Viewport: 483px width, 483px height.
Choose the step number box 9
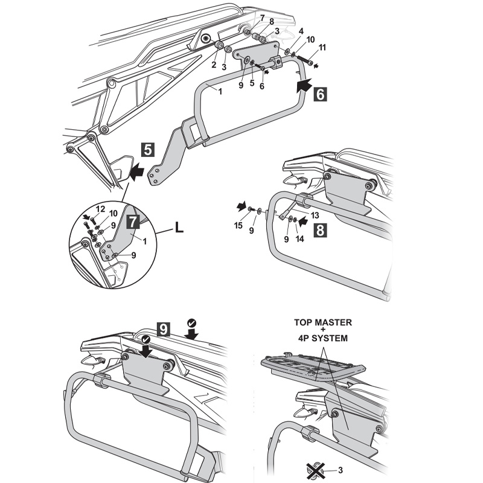point(162,329)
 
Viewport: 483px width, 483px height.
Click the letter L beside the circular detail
point(179,228)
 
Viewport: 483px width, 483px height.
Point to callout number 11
point(322,46)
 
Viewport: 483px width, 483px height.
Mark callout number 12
point(100,208)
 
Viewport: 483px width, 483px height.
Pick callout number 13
point(315,214)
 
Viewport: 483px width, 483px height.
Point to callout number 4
point(301,31)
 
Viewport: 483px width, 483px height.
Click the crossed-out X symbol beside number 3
point(315,469)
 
